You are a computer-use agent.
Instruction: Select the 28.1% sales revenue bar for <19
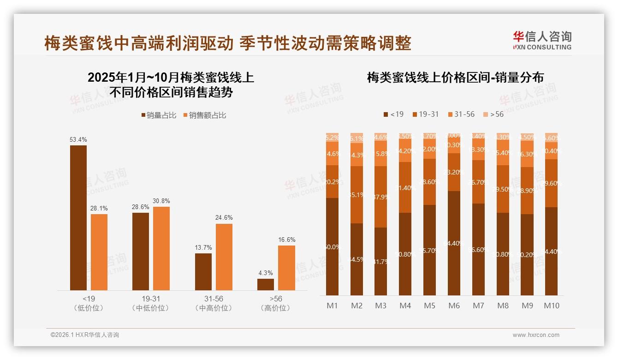click(99, 252)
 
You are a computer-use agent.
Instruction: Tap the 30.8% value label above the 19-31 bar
click(161, 201)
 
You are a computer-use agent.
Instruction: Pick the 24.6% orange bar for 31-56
click(224, 257)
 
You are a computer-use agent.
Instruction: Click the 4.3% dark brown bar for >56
click(266, 284)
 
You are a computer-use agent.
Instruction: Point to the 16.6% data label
click(286, 240)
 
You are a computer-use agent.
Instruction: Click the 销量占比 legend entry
click(159, 115)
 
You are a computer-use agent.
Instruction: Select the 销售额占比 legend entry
click(205, 115)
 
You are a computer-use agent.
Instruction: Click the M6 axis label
click(454, 306)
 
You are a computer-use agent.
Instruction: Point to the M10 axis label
click(551, 306)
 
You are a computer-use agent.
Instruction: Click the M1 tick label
click(332, 306)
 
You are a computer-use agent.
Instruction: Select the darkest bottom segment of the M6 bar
click(454, 243)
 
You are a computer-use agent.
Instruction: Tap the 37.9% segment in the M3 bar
click(380, 197)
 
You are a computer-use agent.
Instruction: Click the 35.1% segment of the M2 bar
click(357, 195)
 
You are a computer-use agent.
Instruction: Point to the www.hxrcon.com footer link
click(536, 335)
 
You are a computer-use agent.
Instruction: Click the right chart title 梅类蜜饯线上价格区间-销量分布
click(455, 78)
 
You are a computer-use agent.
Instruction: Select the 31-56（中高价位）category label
click(214, 303)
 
